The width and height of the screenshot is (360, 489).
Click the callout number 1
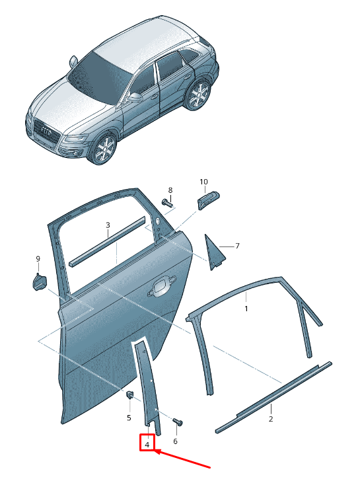click(246, 309)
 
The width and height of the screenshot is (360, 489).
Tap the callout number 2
click(271, 419)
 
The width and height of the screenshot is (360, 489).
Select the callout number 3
click(108, 225)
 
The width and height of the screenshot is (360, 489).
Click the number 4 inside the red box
click(147, 444)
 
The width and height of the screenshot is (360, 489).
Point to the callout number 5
click(129, 418)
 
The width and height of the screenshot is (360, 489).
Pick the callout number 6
click(175, 441)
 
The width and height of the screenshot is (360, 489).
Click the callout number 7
click(237, 246)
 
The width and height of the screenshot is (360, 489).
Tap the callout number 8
click(170, 190)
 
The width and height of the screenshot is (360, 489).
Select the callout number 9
click(38, 258)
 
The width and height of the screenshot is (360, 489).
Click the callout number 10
click(203, 182)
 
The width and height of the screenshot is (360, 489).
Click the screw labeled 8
click(167, 204)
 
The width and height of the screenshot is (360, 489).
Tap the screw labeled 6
click(178, 422)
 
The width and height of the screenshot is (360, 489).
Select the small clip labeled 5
click(129, 395)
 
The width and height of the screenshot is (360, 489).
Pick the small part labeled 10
click(209, 200)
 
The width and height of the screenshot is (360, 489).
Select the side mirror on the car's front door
click(135, 97)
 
